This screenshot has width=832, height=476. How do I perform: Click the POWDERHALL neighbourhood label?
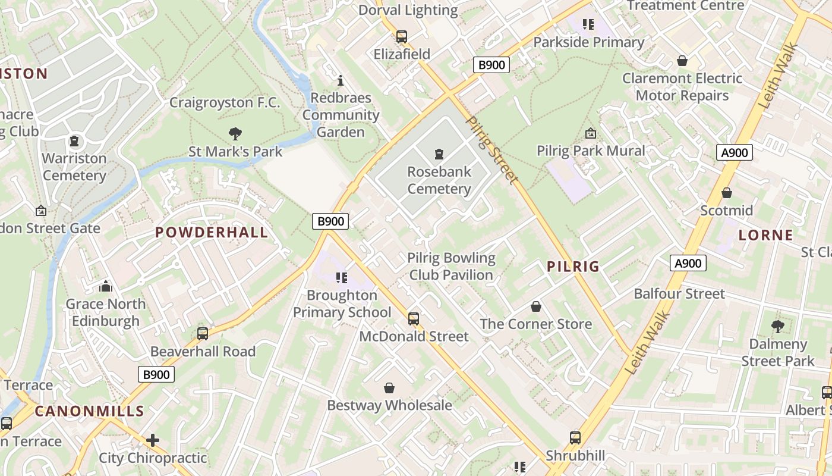point(212,232)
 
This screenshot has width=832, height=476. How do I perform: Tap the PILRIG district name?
point(573,267)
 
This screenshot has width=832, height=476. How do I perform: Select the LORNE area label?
point(765,235)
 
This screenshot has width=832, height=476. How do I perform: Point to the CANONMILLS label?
point(89,411)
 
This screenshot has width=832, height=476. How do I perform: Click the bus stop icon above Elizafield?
point(402,37)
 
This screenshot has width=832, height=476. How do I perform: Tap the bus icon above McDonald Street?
point(414,319)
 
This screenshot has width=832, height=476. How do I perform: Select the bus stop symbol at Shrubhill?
point(575,438)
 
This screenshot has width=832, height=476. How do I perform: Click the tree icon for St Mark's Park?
point(235,134)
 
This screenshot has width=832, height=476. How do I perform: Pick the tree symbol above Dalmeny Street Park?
point(777,326)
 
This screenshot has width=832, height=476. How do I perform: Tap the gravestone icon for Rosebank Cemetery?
point(439,154)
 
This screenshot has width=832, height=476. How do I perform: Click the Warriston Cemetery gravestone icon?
point(74,141)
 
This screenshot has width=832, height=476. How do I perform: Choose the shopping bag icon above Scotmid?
point(726,193)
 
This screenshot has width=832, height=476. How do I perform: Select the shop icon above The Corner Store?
point(536,306)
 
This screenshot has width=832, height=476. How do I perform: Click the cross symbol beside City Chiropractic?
point(153,440)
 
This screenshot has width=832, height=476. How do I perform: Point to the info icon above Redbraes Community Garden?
point(341,80)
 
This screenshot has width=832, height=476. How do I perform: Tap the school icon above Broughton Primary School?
point(342,277)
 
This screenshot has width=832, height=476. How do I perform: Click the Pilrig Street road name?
point(491,149)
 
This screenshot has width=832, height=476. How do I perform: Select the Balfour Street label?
point(679,293)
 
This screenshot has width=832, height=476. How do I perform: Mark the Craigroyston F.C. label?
point(225,102)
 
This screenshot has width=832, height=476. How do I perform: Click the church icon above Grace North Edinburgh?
point(106,287)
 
